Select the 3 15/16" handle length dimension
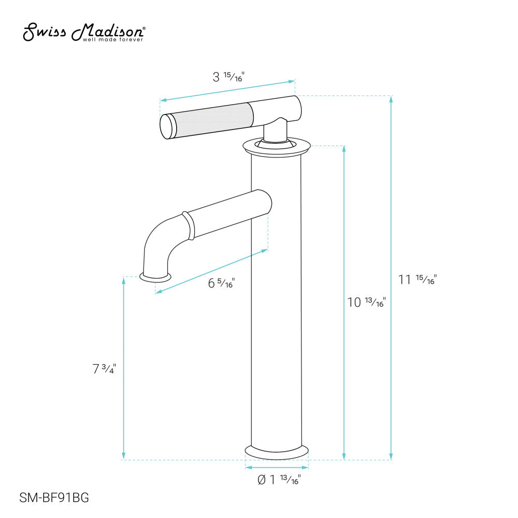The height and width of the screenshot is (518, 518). pos(228,78)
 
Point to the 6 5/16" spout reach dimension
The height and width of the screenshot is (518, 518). pos(221,283)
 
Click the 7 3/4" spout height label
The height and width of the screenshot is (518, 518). pos(104,369)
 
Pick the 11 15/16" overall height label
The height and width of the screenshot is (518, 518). pos(418,280)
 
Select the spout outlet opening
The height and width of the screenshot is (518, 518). pos(155,277)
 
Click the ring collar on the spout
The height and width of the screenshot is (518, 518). pos(188,225)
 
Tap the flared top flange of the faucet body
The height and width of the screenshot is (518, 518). pos(276,146)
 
